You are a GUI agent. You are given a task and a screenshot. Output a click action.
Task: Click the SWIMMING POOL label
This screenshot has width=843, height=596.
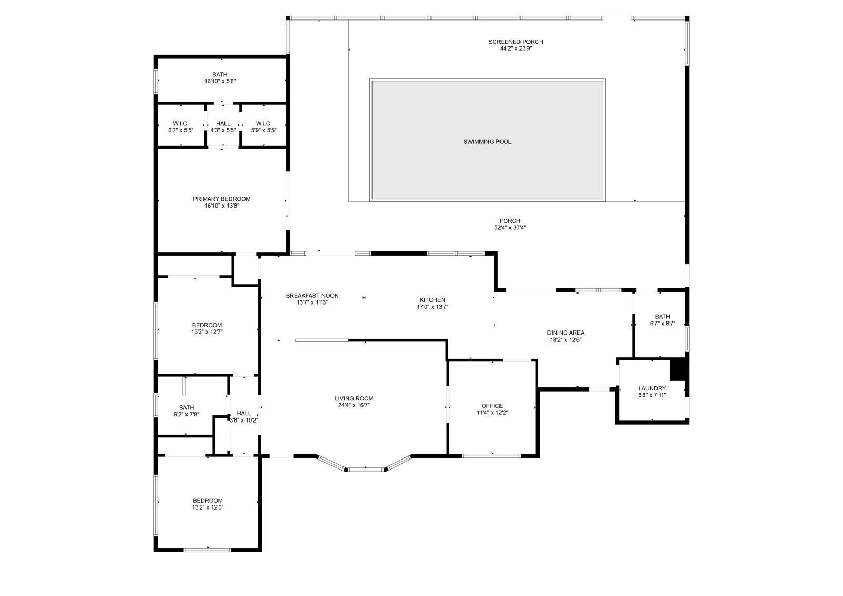pyautogui.click(x=487, y=142)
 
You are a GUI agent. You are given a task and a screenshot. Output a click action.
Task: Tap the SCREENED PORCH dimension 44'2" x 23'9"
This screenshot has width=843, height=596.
pyautogui.click(x=515, y=48)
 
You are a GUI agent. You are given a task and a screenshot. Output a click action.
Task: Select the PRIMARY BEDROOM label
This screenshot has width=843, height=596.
pyautogui.click(x=221, y=199)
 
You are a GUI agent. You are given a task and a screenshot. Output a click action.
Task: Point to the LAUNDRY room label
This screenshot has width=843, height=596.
pyautogui.click(x=652, y=388)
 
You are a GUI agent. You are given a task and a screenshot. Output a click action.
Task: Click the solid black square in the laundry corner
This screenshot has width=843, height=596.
pyautogui.click(x=678, y=369)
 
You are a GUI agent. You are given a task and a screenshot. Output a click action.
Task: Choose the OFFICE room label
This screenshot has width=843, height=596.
pyautogui.click(x=492, y=406)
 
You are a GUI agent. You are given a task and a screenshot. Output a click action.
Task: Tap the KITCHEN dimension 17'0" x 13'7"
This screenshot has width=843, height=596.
pyautogui.click(x=432, y=307)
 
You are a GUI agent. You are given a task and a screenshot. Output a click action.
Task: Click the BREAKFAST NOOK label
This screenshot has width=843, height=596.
pyautogui.click(x=312, y=296)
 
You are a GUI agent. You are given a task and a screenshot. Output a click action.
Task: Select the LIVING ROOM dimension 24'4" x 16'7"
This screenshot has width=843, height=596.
pyautogui.click(x=354, y=406)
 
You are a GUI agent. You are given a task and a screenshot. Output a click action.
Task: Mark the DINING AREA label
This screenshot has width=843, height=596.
pyautogui.click(x=565, y=333)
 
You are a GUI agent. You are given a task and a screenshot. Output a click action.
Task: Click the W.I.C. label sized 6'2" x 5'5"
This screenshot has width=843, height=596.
pyautogui.click(x=180, y=124)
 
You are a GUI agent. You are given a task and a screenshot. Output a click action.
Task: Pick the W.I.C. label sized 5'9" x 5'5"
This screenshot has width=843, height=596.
pyautogui.click(x=263, y=124)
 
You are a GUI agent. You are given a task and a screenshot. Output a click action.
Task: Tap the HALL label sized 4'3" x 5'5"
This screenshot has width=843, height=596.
pyautogui.click(x=222, y=124)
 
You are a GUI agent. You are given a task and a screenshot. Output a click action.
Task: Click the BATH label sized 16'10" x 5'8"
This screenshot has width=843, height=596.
pyautogui.click(x=220, y=75)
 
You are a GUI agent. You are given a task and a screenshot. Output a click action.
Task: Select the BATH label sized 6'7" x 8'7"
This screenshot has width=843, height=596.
pyautogui.click(x=662, y=317)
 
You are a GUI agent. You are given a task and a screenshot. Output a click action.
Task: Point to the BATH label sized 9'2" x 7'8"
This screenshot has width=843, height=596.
pyautogui.click(x=186, y=407)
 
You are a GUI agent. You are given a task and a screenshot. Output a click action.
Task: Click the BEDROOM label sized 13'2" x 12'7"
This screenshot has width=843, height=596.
pyautogui.click(x=207, y=325)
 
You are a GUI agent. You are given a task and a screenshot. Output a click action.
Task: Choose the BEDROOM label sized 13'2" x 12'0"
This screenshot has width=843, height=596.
pyautogui.click(x=207, y=501)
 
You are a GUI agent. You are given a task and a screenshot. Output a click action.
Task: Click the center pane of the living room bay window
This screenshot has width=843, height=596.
pyautogui.click(x=366, y=468)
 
